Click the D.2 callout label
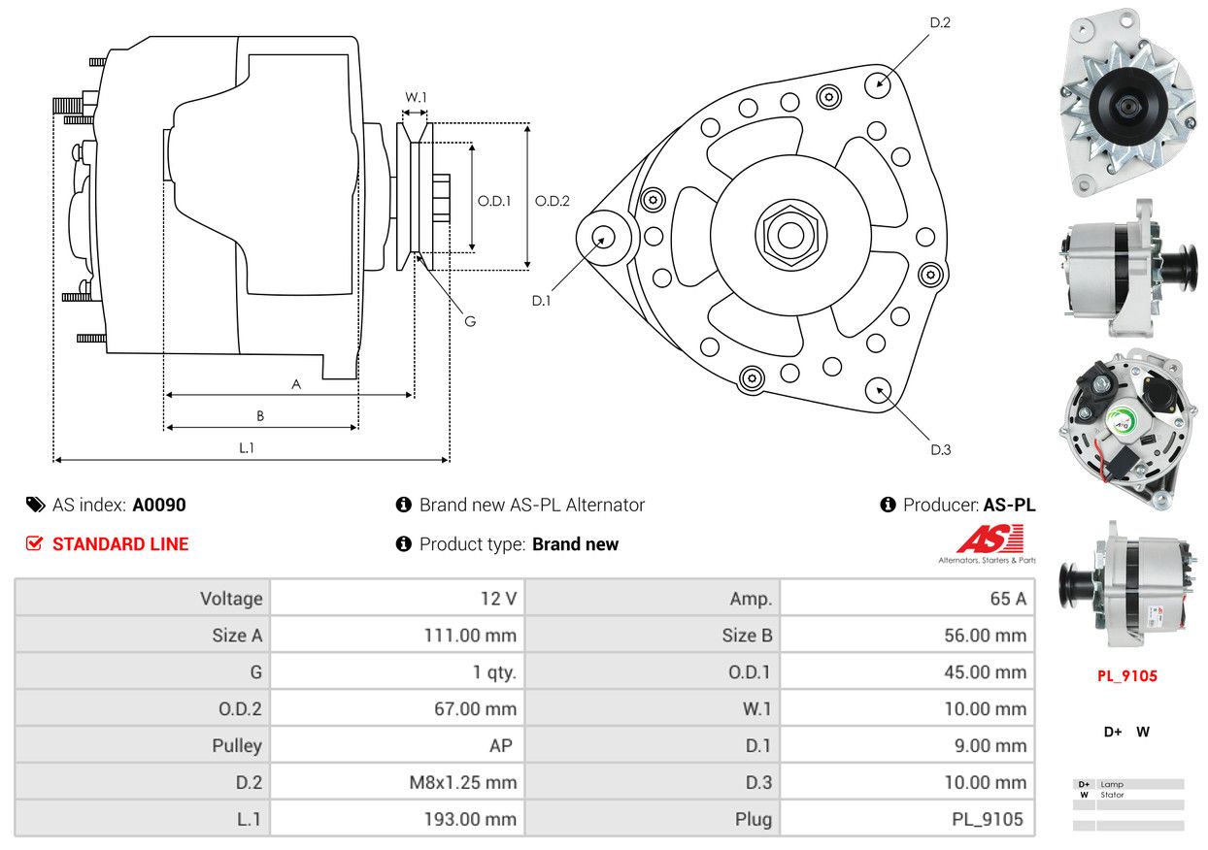click(939, 22)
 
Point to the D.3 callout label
click(940, 449)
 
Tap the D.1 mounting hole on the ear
click(604, 237)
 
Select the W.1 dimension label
click(416, 97)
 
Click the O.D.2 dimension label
click(552, 201)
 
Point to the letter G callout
click(469, 321)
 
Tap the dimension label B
click(259, 415)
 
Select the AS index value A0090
click(159, 505)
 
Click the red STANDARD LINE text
click(120, 544)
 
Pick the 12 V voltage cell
click(498, 599)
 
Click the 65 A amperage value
click(1007, 599)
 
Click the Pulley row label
click(237, 745)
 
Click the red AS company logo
click(990, 540)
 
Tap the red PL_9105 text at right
click(1127, 676)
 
